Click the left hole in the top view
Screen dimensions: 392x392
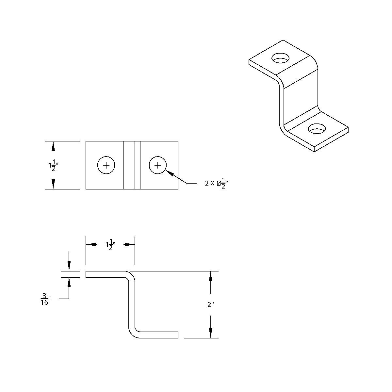(106, 165)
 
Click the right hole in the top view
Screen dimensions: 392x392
(158, 165)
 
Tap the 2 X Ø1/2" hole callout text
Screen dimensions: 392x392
(216, 183)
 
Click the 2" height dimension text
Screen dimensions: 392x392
(211, 305)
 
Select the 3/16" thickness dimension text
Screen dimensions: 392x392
(45, 299)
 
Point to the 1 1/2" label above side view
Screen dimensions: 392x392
(110, 244)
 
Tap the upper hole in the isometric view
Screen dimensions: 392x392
(281, 59)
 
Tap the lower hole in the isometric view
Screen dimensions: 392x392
(317, 129)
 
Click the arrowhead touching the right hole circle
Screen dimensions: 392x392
(170, 173)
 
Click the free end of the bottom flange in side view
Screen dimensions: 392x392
(177, 335)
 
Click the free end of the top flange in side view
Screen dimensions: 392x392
(87, 274)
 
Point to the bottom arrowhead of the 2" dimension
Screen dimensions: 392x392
(211, 332)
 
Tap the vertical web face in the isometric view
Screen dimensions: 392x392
(301, 98)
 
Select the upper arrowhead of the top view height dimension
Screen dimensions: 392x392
(53, 147)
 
